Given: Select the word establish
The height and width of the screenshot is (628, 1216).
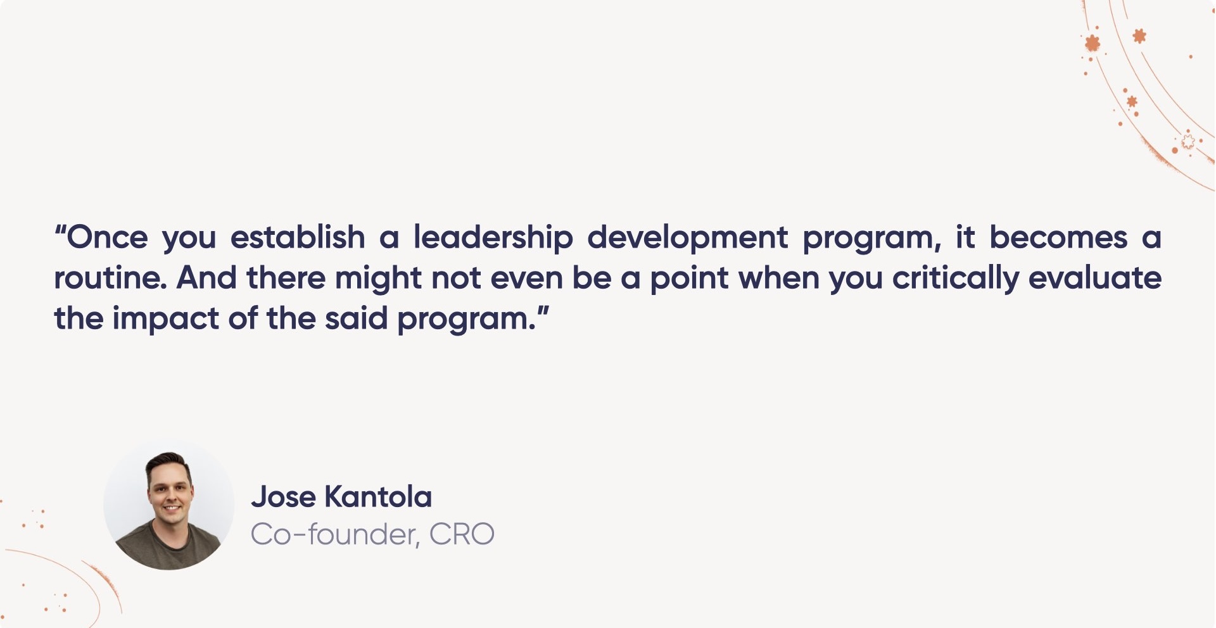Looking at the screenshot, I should click(x=298, y=238).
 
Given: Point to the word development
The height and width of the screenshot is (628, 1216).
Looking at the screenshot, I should click(x=687, y=238).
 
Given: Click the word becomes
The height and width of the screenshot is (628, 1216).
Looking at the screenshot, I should click(x=1058, y=238).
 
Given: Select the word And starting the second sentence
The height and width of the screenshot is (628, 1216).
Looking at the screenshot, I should click(x=206, y=278).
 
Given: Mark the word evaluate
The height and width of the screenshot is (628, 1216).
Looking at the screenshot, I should click(x=1095, y=278).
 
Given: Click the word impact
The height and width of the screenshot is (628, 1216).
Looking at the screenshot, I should click(x=166, y=318).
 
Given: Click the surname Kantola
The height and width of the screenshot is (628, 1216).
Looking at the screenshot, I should click(x=378, y=497).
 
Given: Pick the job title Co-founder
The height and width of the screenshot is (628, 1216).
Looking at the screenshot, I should click(x=334, y=534).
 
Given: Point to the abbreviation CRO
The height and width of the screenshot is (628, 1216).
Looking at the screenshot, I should click(x=462, y=534).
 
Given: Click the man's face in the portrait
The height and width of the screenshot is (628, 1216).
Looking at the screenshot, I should click(x=170, y=493).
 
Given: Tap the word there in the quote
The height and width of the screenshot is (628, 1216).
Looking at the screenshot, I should click(x=286, y=278).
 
